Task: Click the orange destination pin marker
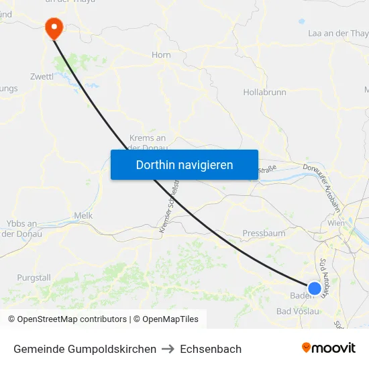[x=53, y=28]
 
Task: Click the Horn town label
[x=161, y=55]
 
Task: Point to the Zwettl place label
[x=42, y=76]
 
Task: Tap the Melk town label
[x=83, y=215]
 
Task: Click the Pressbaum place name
[x=264, y=234]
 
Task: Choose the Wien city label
[x=337, y=223]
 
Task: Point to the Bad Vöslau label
[x=299, y=311]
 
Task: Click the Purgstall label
[x=34, y=278]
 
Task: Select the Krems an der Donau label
[x=147, y=143]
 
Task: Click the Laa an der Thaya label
[x=337, y=33]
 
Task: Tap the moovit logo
[x=328, y=348]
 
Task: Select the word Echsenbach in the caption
[x=211, y=349]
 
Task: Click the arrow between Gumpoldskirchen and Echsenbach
[x=168, y=349]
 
